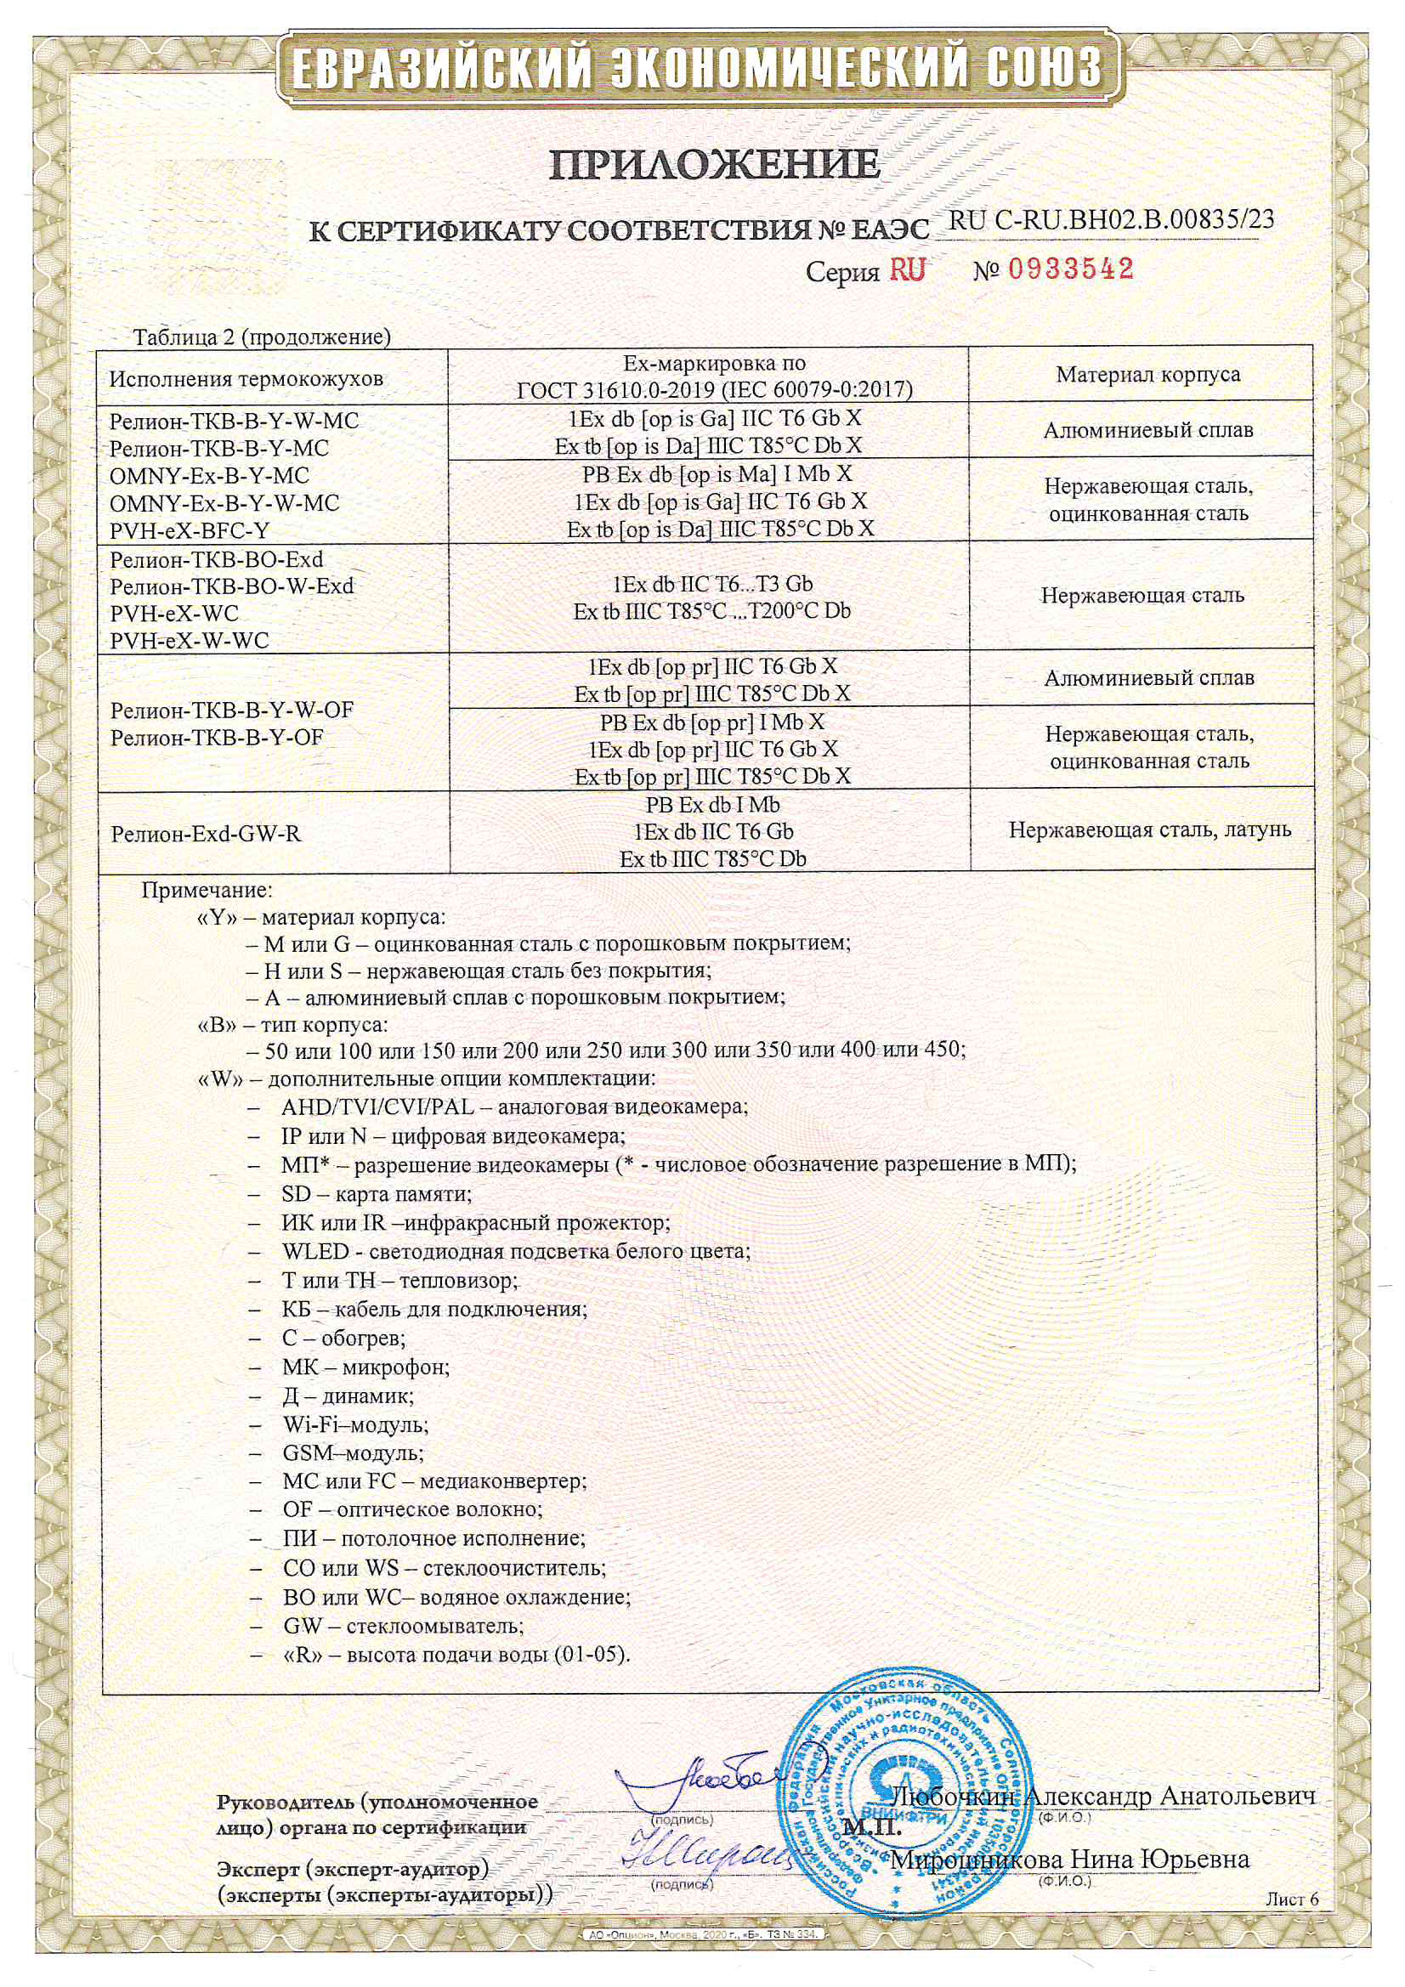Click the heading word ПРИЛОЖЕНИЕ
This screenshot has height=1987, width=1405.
(714, 164)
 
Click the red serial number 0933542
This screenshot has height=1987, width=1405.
(1070, 270)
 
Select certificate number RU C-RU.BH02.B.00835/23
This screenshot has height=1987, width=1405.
(1112, 220)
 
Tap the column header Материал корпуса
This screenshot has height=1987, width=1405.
(1148, 375)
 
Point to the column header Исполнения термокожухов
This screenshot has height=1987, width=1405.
(246, 379)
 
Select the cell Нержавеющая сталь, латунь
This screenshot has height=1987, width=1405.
(1150, 830)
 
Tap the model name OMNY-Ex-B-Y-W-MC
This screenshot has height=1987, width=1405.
(224, 503)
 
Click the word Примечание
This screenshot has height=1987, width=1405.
(207, 890)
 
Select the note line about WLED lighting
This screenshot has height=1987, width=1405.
(516, 1251)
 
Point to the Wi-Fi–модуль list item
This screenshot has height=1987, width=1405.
(355, 1424)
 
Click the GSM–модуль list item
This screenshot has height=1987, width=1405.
(354, 1452)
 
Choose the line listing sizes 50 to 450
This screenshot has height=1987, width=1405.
(606, 1050)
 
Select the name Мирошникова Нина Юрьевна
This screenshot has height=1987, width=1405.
(1070, 1859)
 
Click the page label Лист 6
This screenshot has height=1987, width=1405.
(1292, 1899)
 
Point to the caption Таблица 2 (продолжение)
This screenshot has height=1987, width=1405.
(262, 337)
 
